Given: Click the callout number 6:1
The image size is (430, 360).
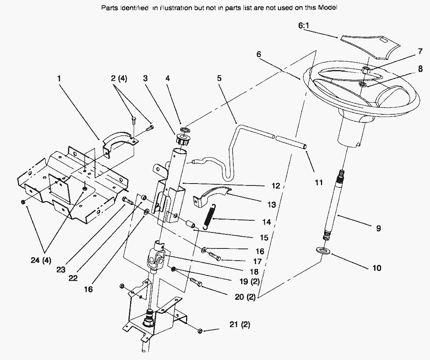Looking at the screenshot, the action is [x=304, y=25].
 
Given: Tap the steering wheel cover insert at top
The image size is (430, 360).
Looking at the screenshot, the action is [x=370, y=47].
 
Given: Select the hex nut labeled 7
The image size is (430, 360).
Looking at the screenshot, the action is [x=366, y=70].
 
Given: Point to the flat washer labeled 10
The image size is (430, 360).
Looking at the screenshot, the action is [x=323, y=250].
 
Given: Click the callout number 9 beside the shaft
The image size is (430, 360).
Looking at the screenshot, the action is [x=378, y=228].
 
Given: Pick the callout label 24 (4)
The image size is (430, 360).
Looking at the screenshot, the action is [x=41, y=260].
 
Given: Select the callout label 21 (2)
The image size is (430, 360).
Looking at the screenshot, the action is [x=240, y=324].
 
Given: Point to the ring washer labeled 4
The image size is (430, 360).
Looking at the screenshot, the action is [x=185, y=129].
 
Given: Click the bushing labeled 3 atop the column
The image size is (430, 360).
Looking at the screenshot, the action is [x=182, y=140].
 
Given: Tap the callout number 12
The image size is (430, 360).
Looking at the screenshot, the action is [x=276, y=186].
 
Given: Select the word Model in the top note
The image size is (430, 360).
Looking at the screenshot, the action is [x=328, y=7].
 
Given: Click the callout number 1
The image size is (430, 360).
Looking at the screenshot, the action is [x=59, y=79].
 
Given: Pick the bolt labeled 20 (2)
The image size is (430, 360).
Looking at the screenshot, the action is [x=196, y=282].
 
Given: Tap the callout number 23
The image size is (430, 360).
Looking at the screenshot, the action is [x=61, y=270].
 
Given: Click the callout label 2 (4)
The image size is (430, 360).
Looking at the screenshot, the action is [x=119, y=79].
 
